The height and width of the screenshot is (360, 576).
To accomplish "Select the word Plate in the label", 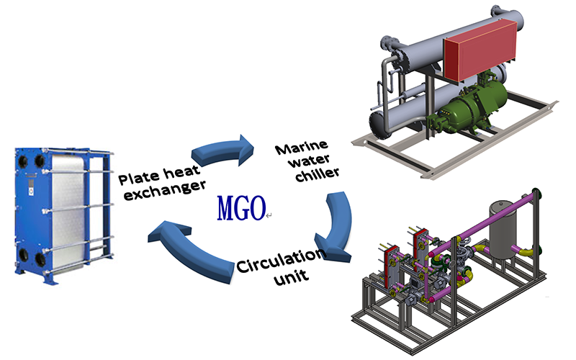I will point(135,177).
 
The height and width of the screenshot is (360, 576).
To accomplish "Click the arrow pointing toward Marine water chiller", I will point(223,148).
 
